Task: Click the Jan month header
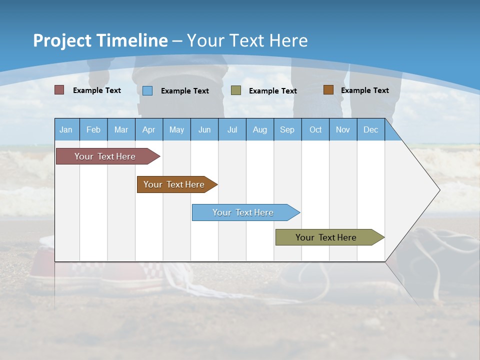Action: click(66, 129)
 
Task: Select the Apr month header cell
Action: click(148, 129)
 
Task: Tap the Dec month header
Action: click(370, 129)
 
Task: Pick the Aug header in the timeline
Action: click(259, 129)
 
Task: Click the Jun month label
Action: click(204, 129)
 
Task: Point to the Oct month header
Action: click(315, 129)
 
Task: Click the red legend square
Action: click(59, 90)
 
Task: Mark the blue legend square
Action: click(147, 90)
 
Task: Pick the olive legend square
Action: click(235, 90)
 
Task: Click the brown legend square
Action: click(328, 90)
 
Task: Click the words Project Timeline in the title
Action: click(100, 40)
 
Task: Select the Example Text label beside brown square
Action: click(364, 90)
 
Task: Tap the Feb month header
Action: click(93, 129)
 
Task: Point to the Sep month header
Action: click(287, 129)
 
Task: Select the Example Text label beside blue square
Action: click(184, 91)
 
